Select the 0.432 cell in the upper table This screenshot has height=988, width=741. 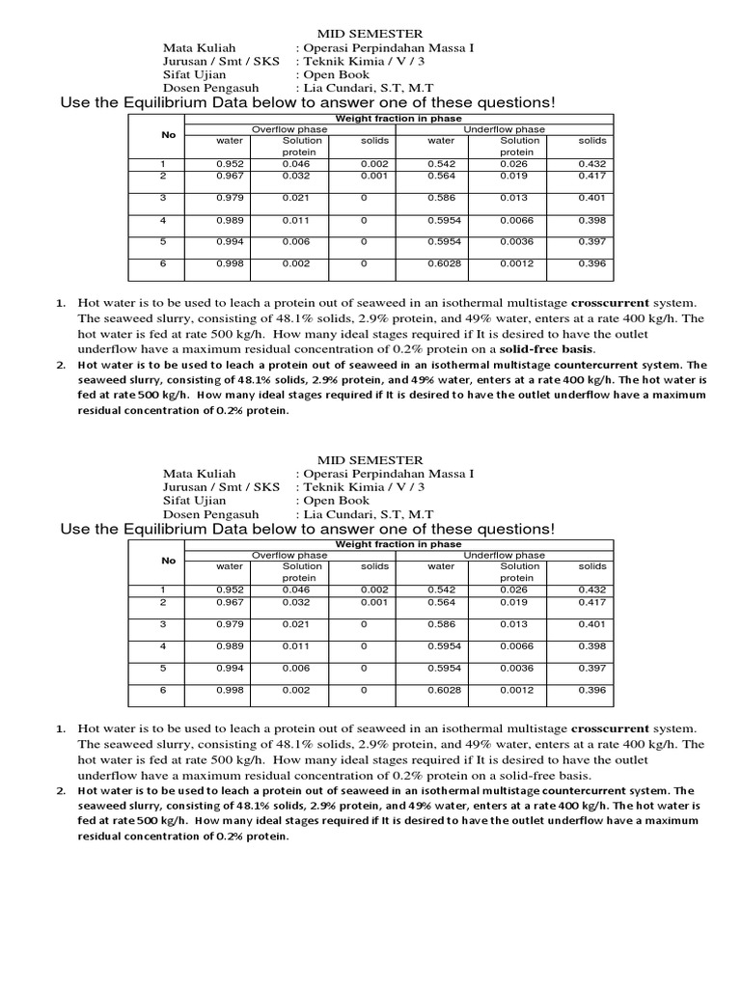click(592, 164)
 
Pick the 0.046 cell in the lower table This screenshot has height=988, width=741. click(296, 590)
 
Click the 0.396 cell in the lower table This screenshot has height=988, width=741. click(592, 690)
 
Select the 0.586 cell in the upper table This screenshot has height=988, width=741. click(441, 197)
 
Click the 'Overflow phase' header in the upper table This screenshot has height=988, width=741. click(289, 129)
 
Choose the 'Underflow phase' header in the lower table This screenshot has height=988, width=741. click(504, 556)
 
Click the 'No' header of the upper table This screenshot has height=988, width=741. click(169, 135)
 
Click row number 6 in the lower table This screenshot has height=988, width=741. click(163, 690)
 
